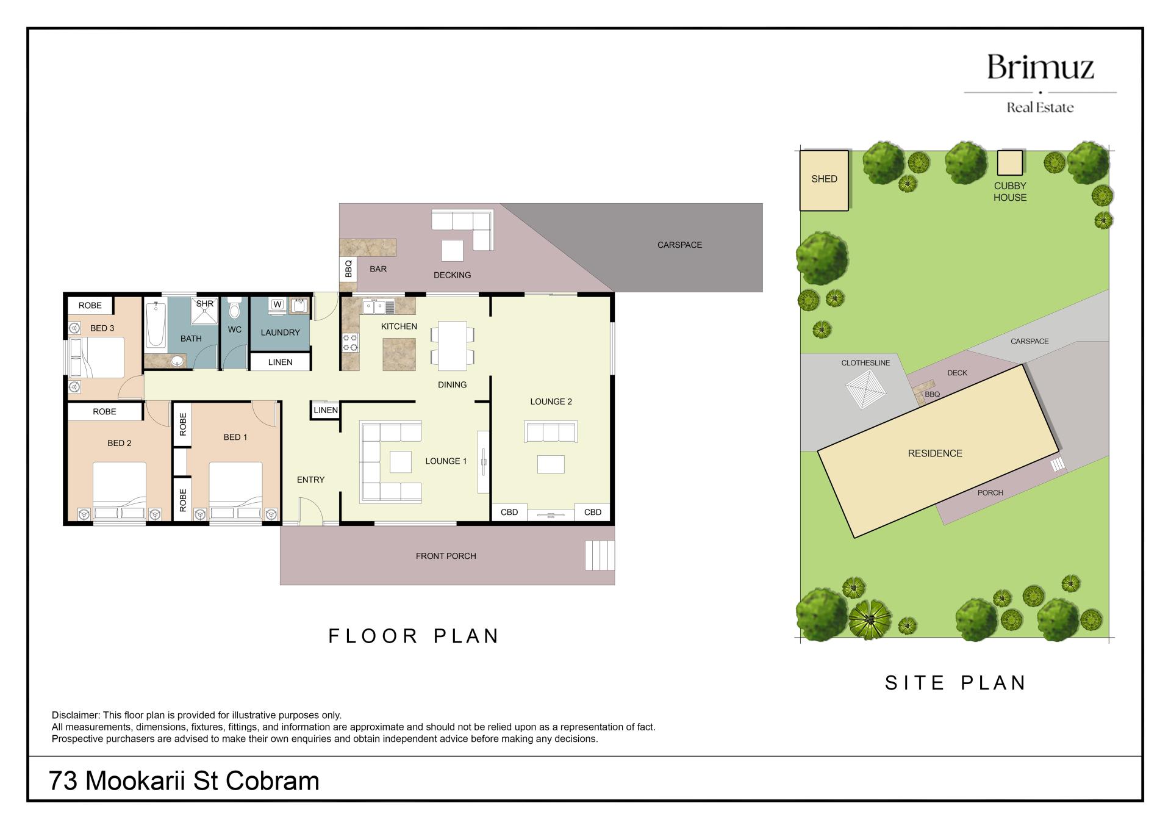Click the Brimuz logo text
(x=1040, y=67)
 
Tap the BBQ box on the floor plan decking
(x=348, y=269)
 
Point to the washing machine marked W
(x=278, y=305)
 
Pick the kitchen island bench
(x=399, y=355)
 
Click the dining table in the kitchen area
(x=452, y=345)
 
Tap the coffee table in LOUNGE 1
(x=400, y=462)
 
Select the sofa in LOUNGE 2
(x=551, y=431)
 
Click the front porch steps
(x=600, y=555)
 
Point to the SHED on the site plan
(x=824, y=181)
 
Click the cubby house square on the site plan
(x=1009, y=163)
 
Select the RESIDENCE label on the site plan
(x=935, y=453)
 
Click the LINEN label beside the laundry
(x=280, y=362)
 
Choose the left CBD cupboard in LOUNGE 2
(x=509, y=512)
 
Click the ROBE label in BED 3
(x=90, y=306)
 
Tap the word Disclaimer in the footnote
(x=75, y=715)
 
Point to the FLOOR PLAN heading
(x=414, y=636)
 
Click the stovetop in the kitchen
(x=350, y=342)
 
